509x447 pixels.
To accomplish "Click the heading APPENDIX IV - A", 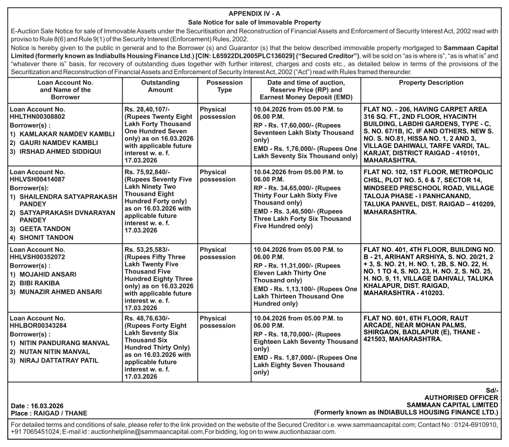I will coord(254,14).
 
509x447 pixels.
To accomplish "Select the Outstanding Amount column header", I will coord(160,86).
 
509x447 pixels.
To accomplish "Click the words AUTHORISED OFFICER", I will coord(461,397).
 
